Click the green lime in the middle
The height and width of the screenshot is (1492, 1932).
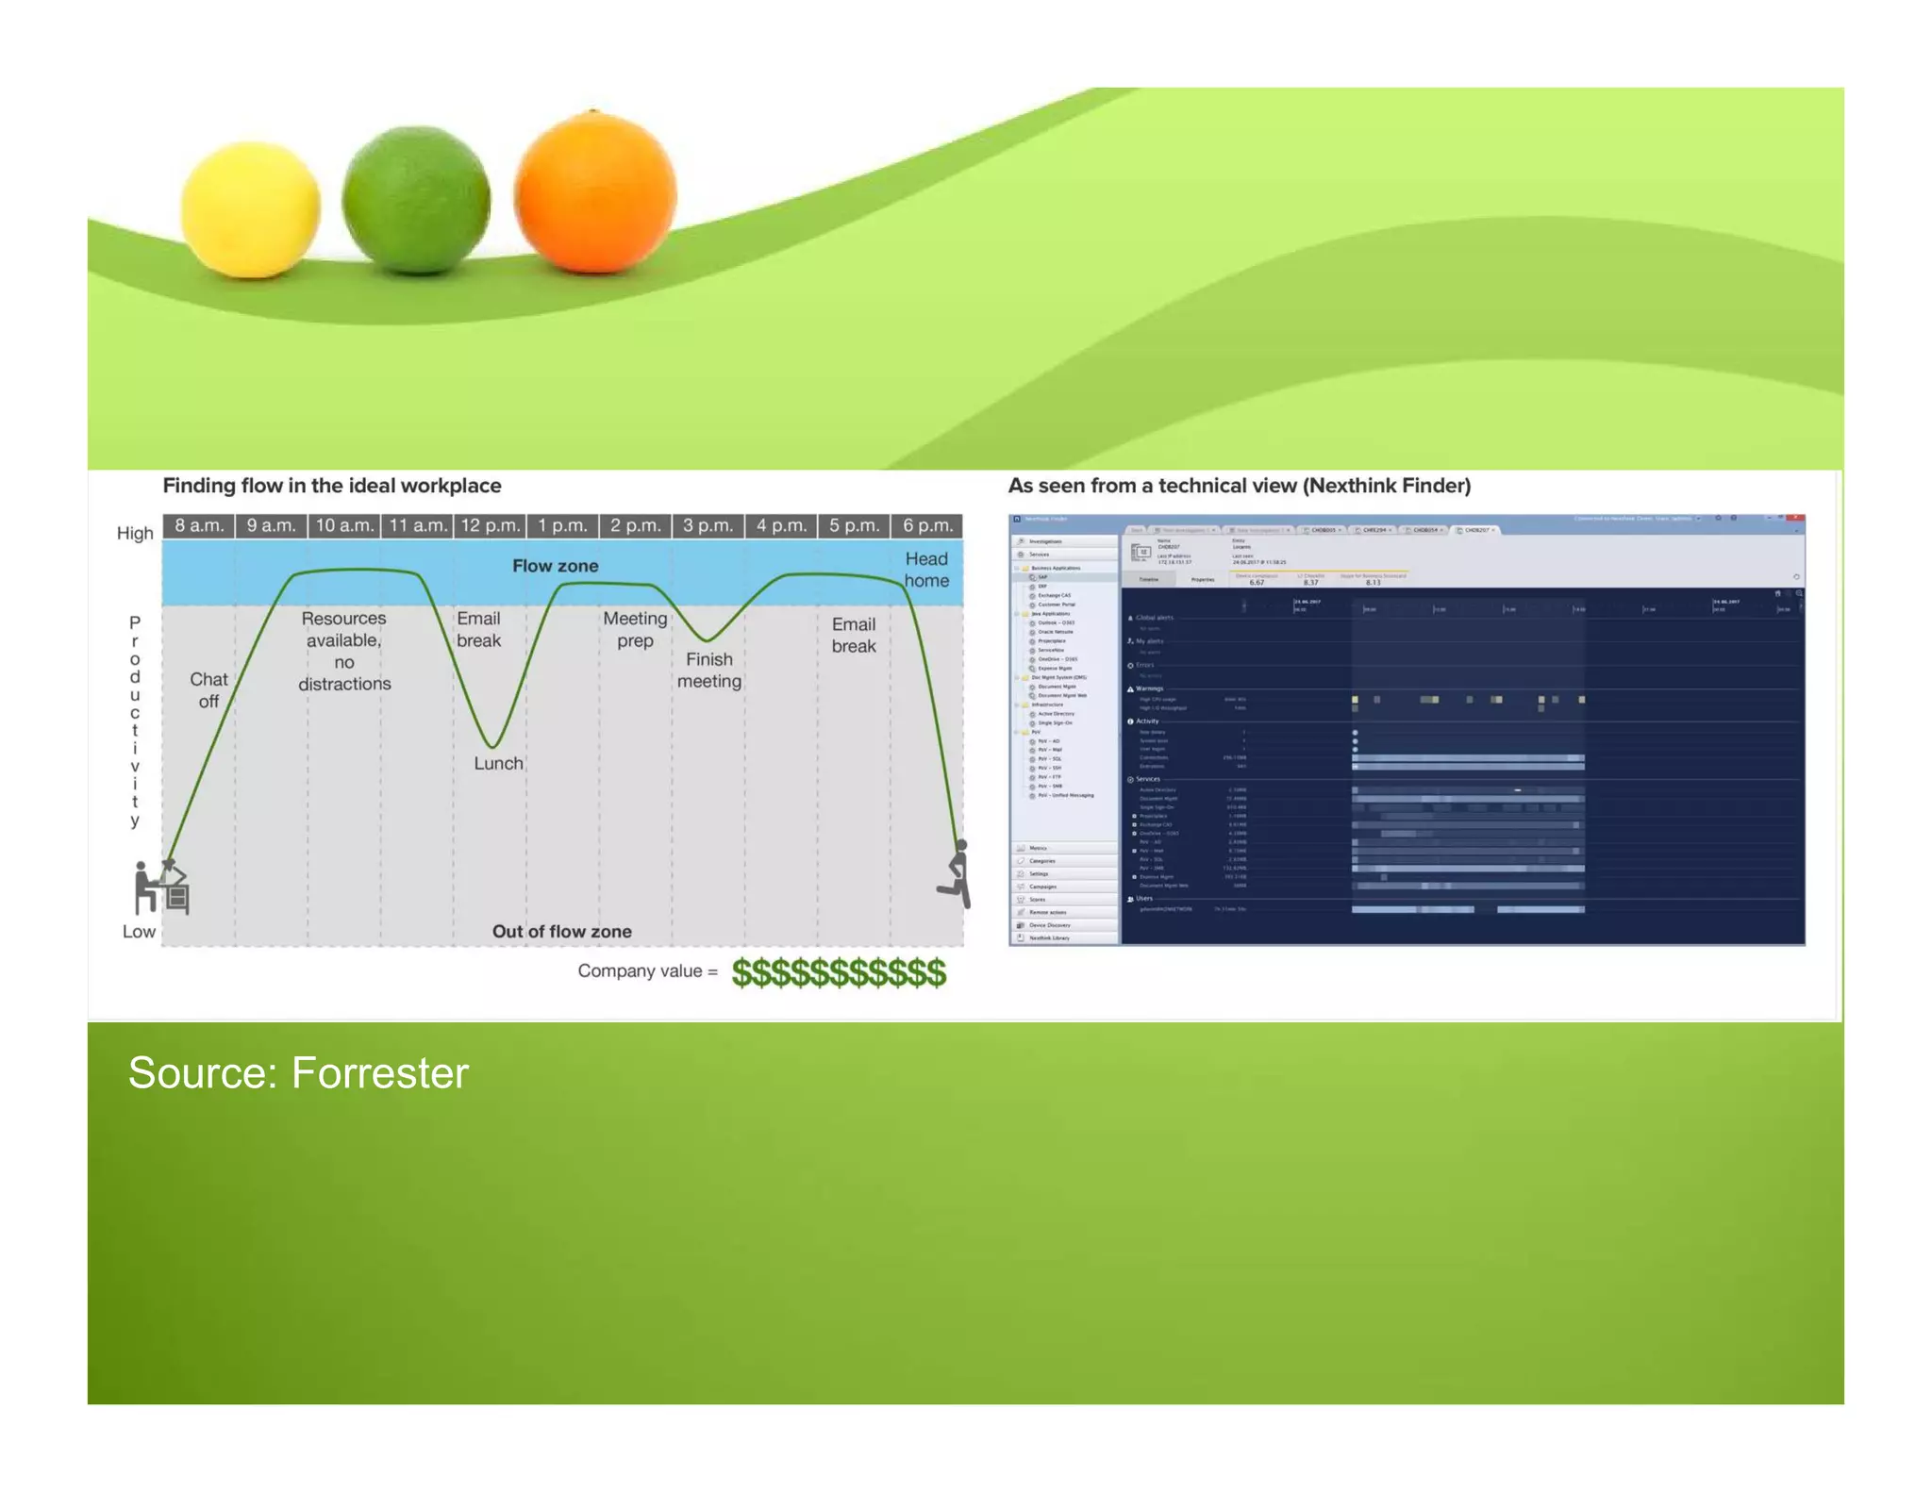click(416, 200)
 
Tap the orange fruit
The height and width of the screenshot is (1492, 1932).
click(595, 193)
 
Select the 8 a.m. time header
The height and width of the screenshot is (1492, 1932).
click(199, 525)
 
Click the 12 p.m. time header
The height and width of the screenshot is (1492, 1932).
click(491, 525)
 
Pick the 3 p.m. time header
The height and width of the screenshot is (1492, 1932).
click(708, 525)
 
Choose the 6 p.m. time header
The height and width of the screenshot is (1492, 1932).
click(927, 525)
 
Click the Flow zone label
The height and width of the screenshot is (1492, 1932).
click(555, 566)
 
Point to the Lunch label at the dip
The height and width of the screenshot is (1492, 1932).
click(498, 764)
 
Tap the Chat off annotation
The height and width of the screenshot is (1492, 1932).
click(208, 690)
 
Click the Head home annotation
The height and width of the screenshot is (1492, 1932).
click(926, 570)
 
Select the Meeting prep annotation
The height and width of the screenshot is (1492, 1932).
click(635, 629)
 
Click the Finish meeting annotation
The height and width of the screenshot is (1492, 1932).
click(709, 671)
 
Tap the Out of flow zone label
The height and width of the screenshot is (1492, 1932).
click(561, 932)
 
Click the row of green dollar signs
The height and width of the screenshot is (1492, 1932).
click(839, 972)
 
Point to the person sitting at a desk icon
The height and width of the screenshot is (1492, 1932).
click(159, 887)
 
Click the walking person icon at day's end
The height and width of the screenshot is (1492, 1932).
click(956, 874)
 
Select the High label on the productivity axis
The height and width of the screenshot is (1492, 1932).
click(135, 533)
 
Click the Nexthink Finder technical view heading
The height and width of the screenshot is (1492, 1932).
click(1239, 486)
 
